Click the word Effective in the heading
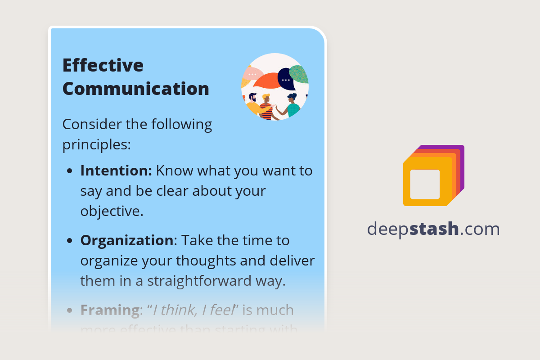[x=103, y=65]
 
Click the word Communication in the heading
[x=135, y=89]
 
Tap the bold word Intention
[x=116, y=171]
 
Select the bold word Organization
[x=126, y=240]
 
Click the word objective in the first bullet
[x=112, y=211]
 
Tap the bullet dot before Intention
[x=70, y=171]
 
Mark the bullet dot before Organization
[x=70, y=241]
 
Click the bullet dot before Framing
[x=70, y=311]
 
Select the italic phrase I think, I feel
[x=193, y=310]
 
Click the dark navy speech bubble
[x=286, y=79]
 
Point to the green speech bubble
[x=299, y=74]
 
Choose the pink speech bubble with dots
[x=252, y=74]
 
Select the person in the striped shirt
[x=266, y=108]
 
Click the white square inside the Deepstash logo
[x=425, y=184]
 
